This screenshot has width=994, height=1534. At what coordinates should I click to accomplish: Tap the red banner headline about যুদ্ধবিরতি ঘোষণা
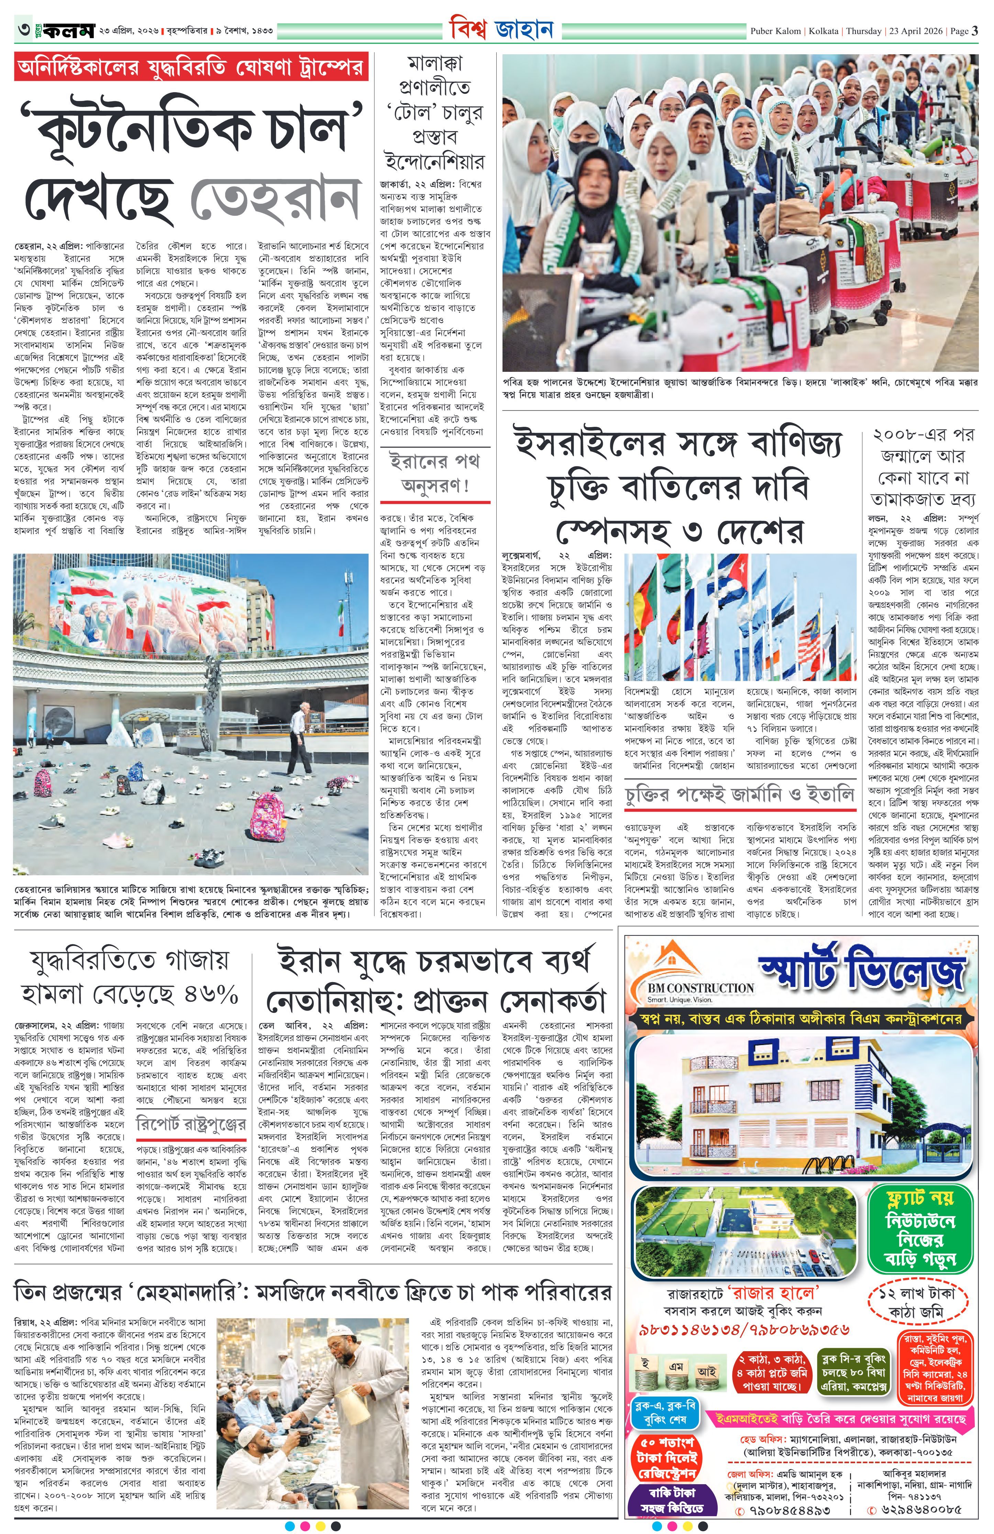tap(191, 67)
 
